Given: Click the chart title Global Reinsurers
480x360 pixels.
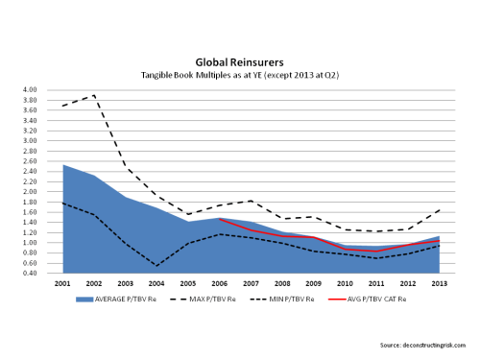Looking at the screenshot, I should click(x=240, y=60).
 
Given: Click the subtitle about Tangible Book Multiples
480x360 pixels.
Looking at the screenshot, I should click(x=240, y=74).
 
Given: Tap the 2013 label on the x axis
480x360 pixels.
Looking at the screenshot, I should click(x=439, y=284).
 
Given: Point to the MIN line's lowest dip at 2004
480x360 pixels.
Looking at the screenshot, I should click(x=156, y=266).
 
